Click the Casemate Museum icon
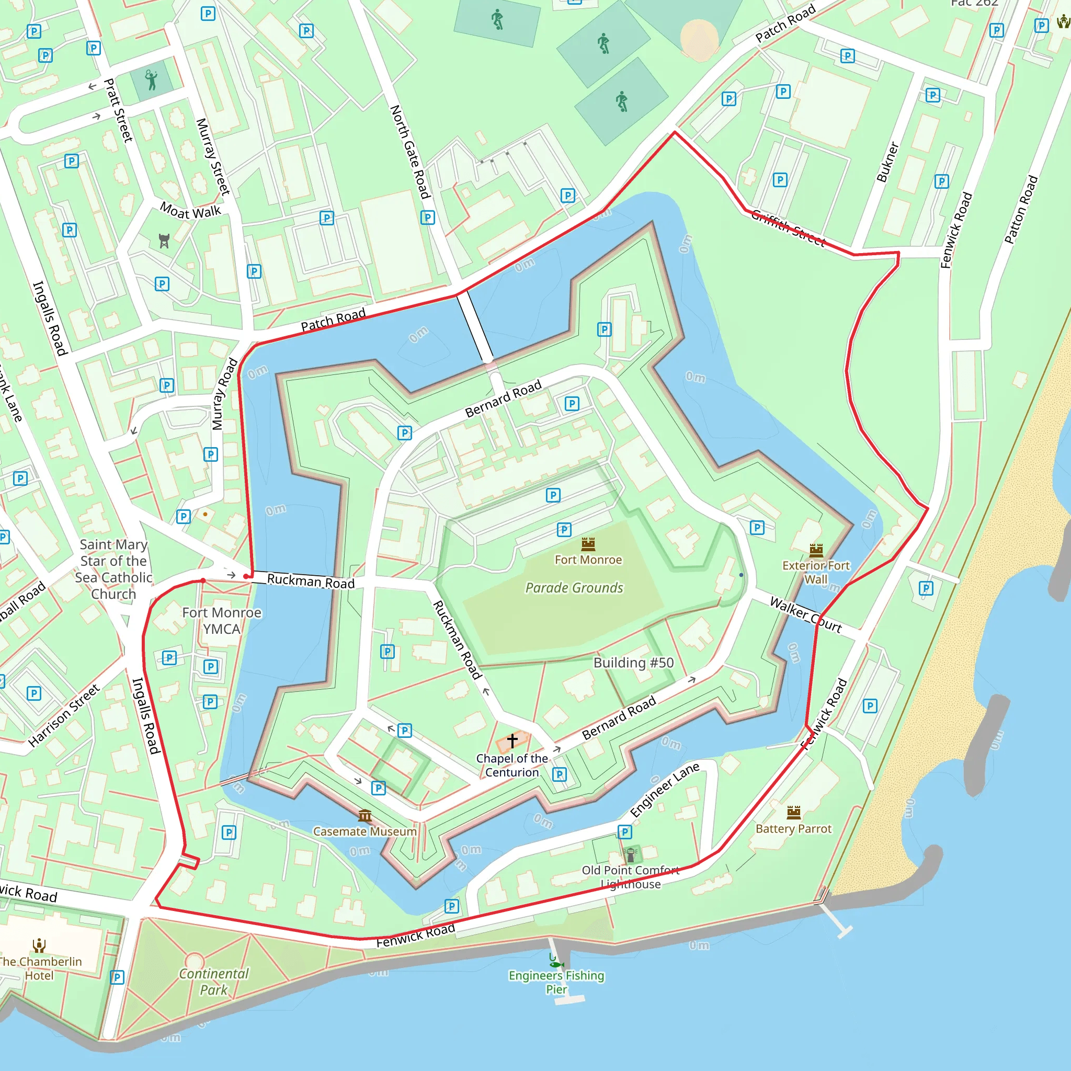point(365,815)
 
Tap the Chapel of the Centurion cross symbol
point(512,740)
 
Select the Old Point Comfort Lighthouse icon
point(630,855)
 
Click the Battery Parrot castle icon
point(794,813)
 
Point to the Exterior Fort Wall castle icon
point(816,551)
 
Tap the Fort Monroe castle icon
point(588,544)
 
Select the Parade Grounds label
point(574,588)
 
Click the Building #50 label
point(634,663)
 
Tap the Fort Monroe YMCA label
point(222,621)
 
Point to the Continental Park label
point(214,982)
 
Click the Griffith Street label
point(788,227)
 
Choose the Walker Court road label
point(805,615)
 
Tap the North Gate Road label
point(410,152)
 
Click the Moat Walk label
point(191,211)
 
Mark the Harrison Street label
point(64,715)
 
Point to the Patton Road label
point(1021,210)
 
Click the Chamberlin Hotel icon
point(39,945)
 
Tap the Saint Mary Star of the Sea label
point(113,569)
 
